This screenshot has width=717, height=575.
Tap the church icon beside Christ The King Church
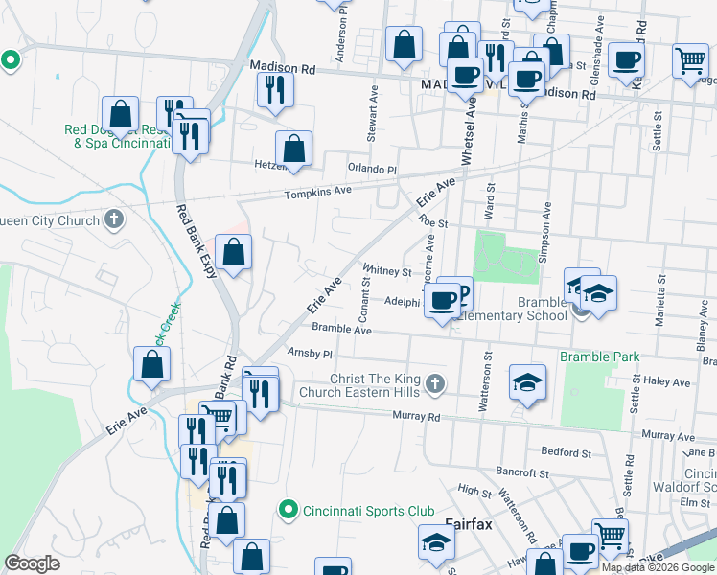point(435,384)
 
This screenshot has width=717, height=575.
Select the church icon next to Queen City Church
point(114,219)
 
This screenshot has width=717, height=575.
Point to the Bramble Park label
point(599,356)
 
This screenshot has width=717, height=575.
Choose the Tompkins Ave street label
point(317,193)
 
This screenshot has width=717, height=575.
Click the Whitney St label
point(386,271)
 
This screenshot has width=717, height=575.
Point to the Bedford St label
point(566,451)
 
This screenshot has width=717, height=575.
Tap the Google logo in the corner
point(33,563)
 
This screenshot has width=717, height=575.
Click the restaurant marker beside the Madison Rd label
point(275,89)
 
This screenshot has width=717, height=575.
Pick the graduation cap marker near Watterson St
point(526,382)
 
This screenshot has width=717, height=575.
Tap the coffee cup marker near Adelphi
point(442,300)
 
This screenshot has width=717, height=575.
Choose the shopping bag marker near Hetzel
point(293,149)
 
